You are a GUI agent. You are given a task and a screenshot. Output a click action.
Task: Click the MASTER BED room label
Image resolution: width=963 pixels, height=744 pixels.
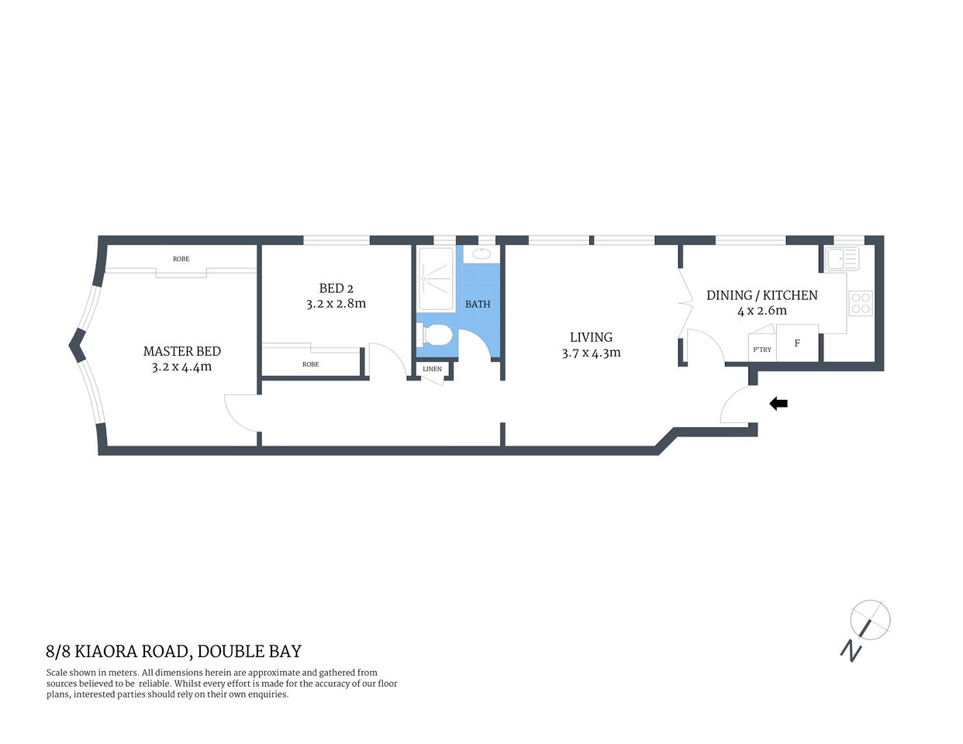181,351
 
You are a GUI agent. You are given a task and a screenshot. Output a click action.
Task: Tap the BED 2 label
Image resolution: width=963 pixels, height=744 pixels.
336,288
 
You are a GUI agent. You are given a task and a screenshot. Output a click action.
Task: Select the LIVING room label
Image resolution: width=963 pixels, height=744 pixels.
591,337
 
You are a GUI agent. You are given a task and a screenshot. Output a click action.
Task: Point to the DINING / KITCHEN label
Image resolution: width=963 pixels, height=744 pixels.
761,295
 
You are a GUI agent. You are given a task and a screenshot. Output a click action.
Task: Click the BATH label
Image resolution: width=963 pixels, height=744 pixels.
478,304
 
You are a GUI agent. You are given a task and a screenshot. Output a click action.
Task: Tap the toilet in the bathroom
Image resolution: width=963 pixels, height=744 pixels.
435,336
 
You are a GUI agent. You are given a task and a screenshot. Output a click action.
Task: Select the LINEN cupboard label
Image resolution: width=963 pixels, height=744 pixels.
432,369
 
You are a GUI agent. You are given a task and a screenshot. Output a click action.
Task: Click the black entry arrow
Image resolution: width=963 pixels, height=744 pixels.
778,403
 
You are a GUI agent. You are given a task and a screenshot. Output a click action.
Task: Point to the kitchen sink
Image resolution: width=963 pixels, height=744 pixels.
842,258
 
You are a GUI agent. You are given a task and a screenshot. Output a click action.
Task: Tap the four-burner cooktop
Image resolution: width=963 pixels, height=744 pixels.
861,302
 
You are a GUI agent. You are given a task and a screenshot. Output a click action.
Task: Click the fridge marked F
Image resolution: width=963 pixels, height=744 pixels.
797,343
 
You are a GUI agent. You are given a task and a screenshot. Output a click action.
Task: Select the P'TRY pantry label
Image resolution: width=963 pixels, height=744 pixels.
762,350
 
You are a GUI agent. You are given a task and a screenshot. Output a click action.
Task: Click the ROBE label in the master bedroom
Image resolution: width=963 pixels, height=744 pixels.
181,259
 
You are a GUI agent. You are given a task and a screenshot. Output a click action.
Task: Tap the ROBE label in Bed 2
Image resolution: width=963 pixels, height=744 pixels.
310,364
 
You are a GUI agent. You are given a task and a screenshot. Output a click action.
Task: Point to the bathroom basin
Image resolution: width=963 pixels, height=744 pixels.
481,253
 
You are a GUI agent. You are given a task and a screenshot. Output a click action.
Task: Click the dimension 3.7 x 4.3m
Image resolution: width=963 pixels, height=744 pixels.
591,353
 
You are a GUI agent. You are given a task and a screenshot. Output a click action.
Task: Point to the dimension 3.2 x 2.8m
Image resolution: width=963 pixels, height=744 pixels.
336,304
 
